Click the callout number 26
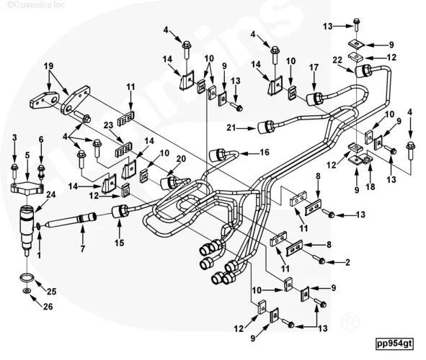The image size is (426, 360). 48,307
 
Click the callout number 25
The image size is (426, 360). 51,292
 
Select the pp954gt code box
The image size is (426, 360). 394,343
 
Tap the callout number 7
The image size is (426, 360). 83,248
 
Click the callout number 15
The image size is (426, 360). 119,243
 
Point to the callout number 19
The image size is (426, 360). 49,66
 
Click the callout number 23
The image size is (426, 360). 108,125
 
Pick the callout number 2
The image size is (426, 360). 347,262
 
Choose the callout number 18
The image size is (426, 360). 370,186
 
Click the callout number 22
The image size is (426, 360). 338,60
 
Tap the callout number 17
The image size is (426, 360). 314,67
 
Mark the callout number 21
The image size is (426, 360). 231,127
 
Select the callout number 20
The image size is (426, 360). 181,158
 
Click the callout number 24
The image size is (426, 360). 50,194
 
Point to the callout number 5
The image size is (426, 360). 27,155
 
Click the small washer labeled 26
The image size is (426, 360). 27,291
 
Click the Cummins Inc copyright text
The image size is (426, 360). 35,4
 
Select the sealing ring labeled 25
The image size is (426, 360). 27,278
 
